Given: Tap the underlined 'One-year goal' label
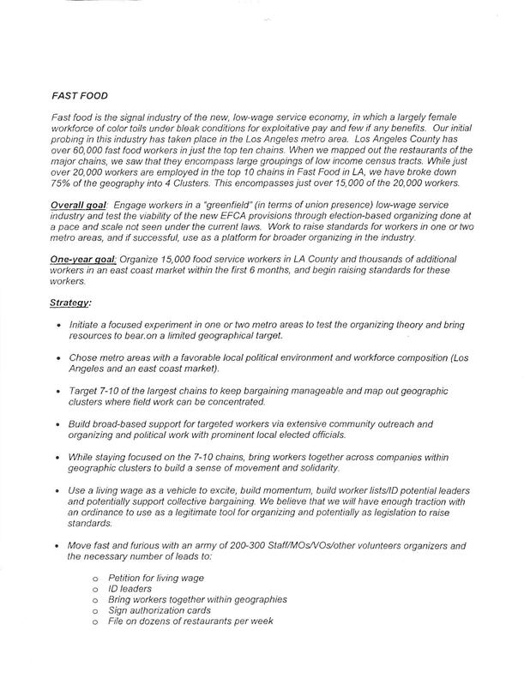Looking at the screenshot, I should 79,257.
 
